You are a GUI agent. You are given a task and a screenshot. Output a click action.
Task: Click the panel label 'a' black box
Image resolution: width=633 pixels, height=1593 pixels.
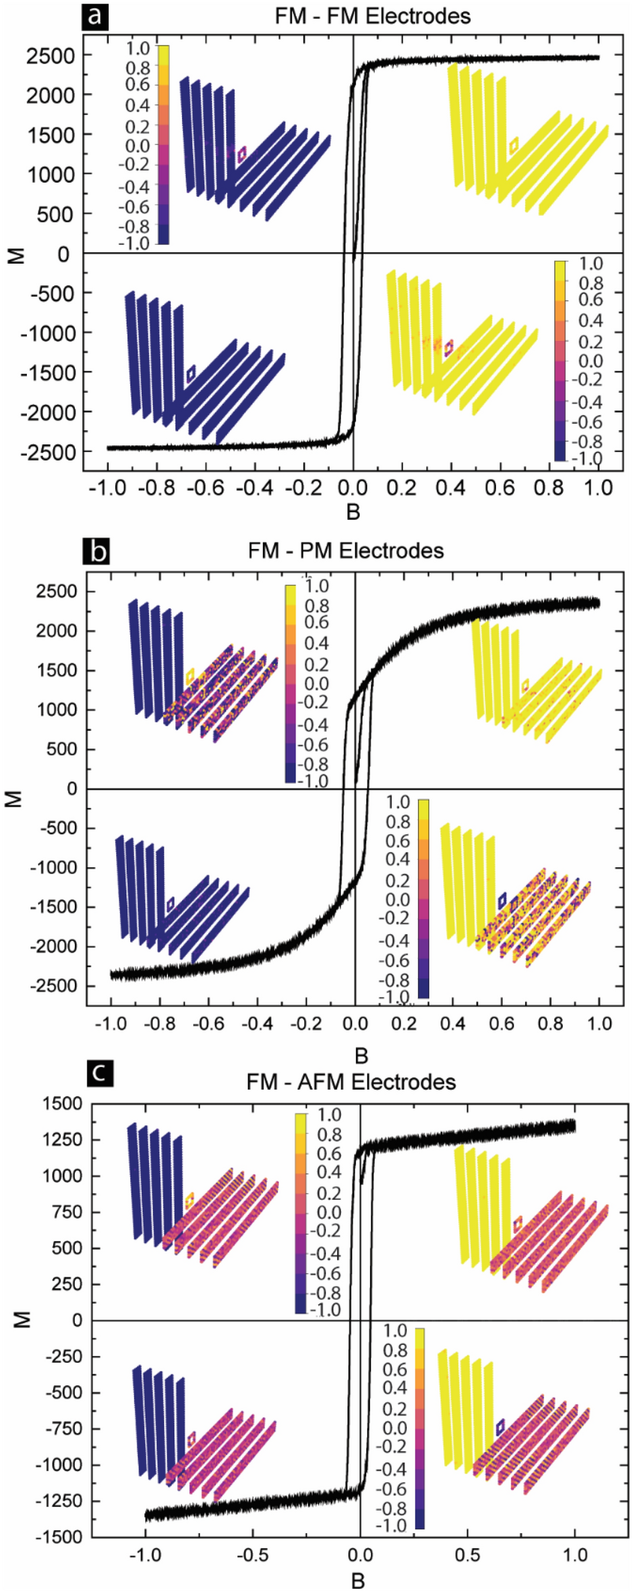(94, 14)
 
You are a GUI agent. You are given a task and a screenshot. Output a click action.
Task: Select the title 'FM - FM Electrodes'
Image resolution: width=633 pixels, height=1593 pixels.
(372, 16)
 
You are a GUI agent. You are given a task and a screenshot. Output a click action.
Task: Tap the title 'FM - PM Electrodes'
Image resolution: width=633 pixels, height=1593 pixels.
(346, 551)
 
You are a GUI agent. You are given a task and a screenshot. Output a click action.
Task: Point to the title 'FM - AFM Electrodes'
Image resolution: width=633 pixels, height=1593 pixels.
(351, 1082)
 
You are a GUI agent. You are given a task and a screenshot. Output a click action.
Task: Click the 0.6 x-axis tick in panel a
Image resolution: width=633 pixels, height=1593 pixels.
(500, 488)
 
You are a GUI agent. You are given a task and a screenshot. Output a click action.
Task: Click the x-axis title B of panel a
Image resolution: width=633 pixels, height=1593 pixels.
(353, 513)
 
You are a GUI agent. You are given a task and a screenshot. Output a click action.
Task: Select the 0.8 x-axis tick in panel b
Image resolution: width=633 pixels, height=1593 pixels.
(550, 1023)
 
